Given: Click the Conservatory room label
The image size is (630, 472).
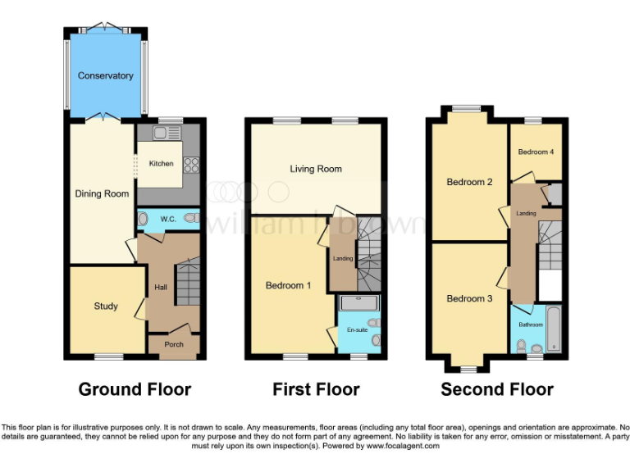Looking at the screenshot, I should pyautogui.click(x=105, y=76).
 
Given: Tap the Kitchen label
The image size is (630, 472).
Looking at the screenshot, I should pyautogui.click(x=161, y=164).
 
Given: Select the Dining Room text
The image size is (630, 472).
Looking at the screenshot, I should pyautogui.click(x=103, y=194).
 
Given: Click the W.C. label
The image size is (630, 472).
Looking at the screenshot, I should pyautogui.click(x=168, y=219).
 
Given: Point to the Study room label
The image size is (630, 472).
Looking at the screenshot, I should pyautogui.click(x=106, y=306).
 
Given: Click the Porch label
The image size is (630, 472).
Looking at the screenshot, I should pyautogui.click(x=174, y=344).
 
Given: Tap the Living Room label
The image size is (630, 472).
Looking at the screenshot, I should pyautogui.click(x=316, y=170).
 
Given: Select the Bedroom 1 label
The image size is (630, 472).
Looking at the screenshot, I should pyautogui.click(x=288, y=286).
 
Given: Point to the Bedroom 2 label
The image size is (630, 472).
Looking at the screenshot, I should pyautogui.click(x=469, y=182).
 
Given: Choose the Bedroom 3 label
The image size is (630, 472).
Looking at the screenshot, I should pyautogui.click(x=469, y=299).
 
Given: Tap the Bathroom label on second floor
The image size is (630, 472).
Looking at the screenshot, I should pyautogui.click(x=531, y=324).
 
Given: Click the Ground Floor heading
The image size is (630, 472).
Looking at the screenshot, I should pyautogui.click(x=135, y=389).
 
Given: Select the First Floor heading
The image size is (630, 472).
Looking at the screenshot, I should pyautogui.click(x=316, y=389).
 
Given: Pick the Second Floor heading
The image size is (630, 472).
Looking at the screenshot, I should pyautogui.click(x=497, y=389).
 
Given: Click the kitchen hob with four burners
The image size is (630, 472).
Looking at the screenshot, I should pyautogui.click(x=193, y=164).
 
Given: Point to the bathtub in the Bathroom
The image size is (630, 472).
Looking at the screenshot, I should pyautogui.click(x=555, y=329).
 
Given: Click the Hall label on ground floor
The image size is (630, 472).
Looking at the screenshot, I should pyautogui.click(x=161, y=288).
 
